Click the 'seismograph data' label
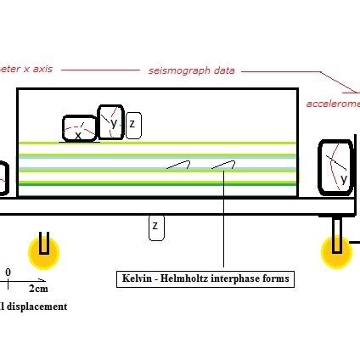click(x=191, y=70)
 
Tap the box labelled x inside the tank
click(x=79, y=129)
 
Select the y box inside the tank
click(x=111, y=121)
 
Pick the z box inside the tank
click(x=132, y=126)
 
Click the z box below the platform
click(x=155, y=227)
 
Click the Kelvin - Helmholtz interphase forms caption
click(x=205, y=278)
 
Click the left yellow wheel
click(x=44, y=251)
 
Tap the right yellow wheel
click(x=337, y=251)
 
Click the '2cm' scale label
click(x=37, y=289)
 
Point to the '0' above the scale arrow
click(x=8, y=273)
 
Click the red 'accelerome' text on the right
click(x=333, y=104)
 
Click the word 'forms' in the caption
click(x=276, y=278)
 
